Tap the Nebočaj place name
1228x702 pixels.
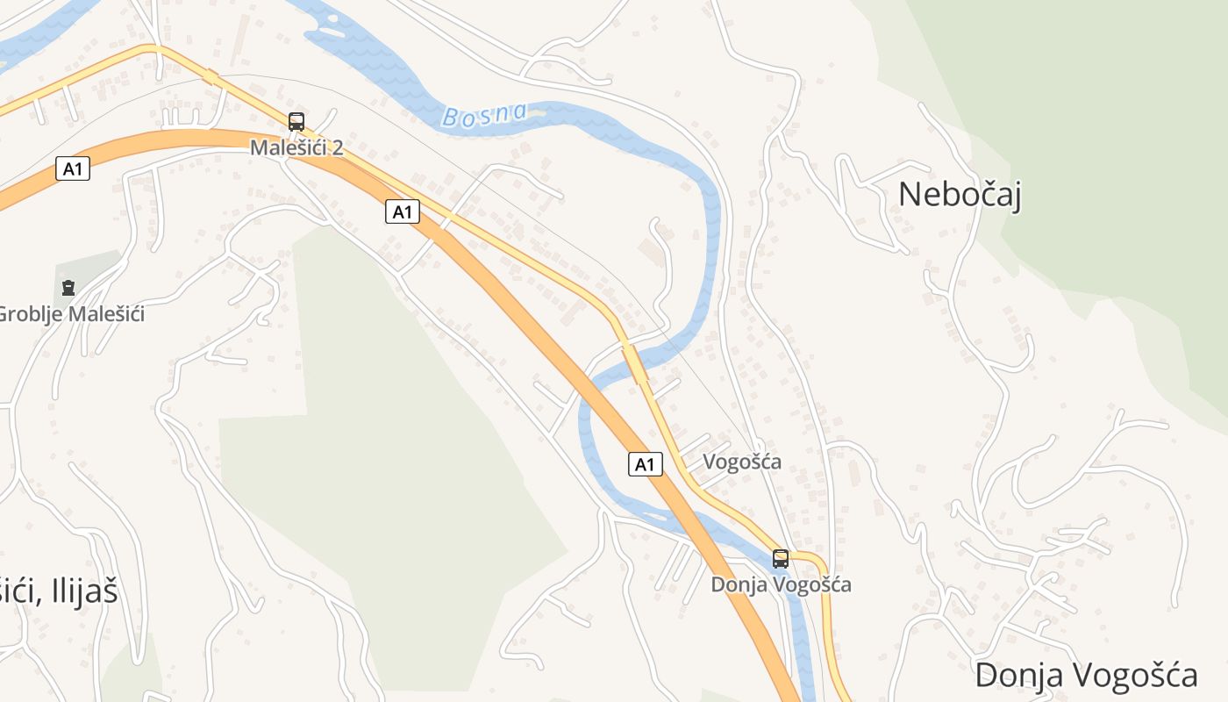pos(960,194)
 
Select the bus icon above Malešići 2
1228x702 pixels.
pos(296,122)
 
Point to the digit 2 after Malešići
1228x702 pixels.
pos(337,147)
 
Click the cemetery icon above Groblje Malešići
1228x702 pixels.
pos(68,287)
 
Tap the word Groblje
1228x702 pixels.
pos(25,313)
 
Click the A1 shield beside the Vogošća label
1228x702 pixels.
pos(645,464)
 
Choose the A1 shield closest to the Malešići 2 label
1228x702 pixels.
pos(402,211)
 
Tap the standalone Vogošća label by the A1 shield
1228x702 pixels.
pos(742,462)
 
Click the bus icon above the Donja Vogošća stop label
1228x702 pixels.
pos(780,558)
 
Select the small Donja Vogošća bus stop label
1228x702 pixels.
pos(781,584)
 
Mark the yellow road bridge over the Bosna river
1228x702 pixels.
pos(634,362)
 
